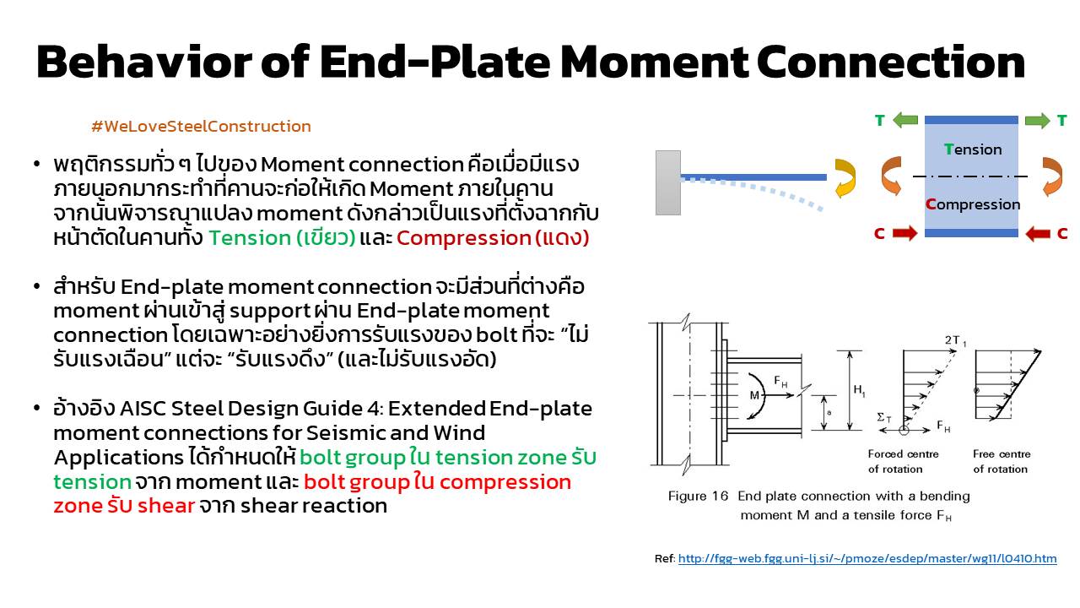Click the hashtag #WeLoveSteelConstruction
[x=201, y=127]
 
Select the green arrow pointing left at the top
[x=905, y=121]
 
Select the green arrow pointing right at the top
[x=1037, y=121]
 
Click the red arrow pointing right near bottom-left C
[x=904, y=233]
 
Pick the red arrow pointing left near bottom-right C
[x=1037, y=233]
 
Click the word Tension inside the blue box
[x=973, y=149]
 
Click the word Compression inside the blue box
[x=973, y=204]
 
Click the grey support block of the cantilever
[x=667, y=182]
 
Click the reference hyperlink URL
[x=867, y=559]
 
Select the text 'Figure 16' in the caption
[x=698, y=497]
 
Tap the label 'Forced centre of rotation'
[x=903, y=461]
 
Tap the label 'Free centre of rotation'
[x=1002, y=461]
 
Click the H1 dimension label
[x=860, y=390]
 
